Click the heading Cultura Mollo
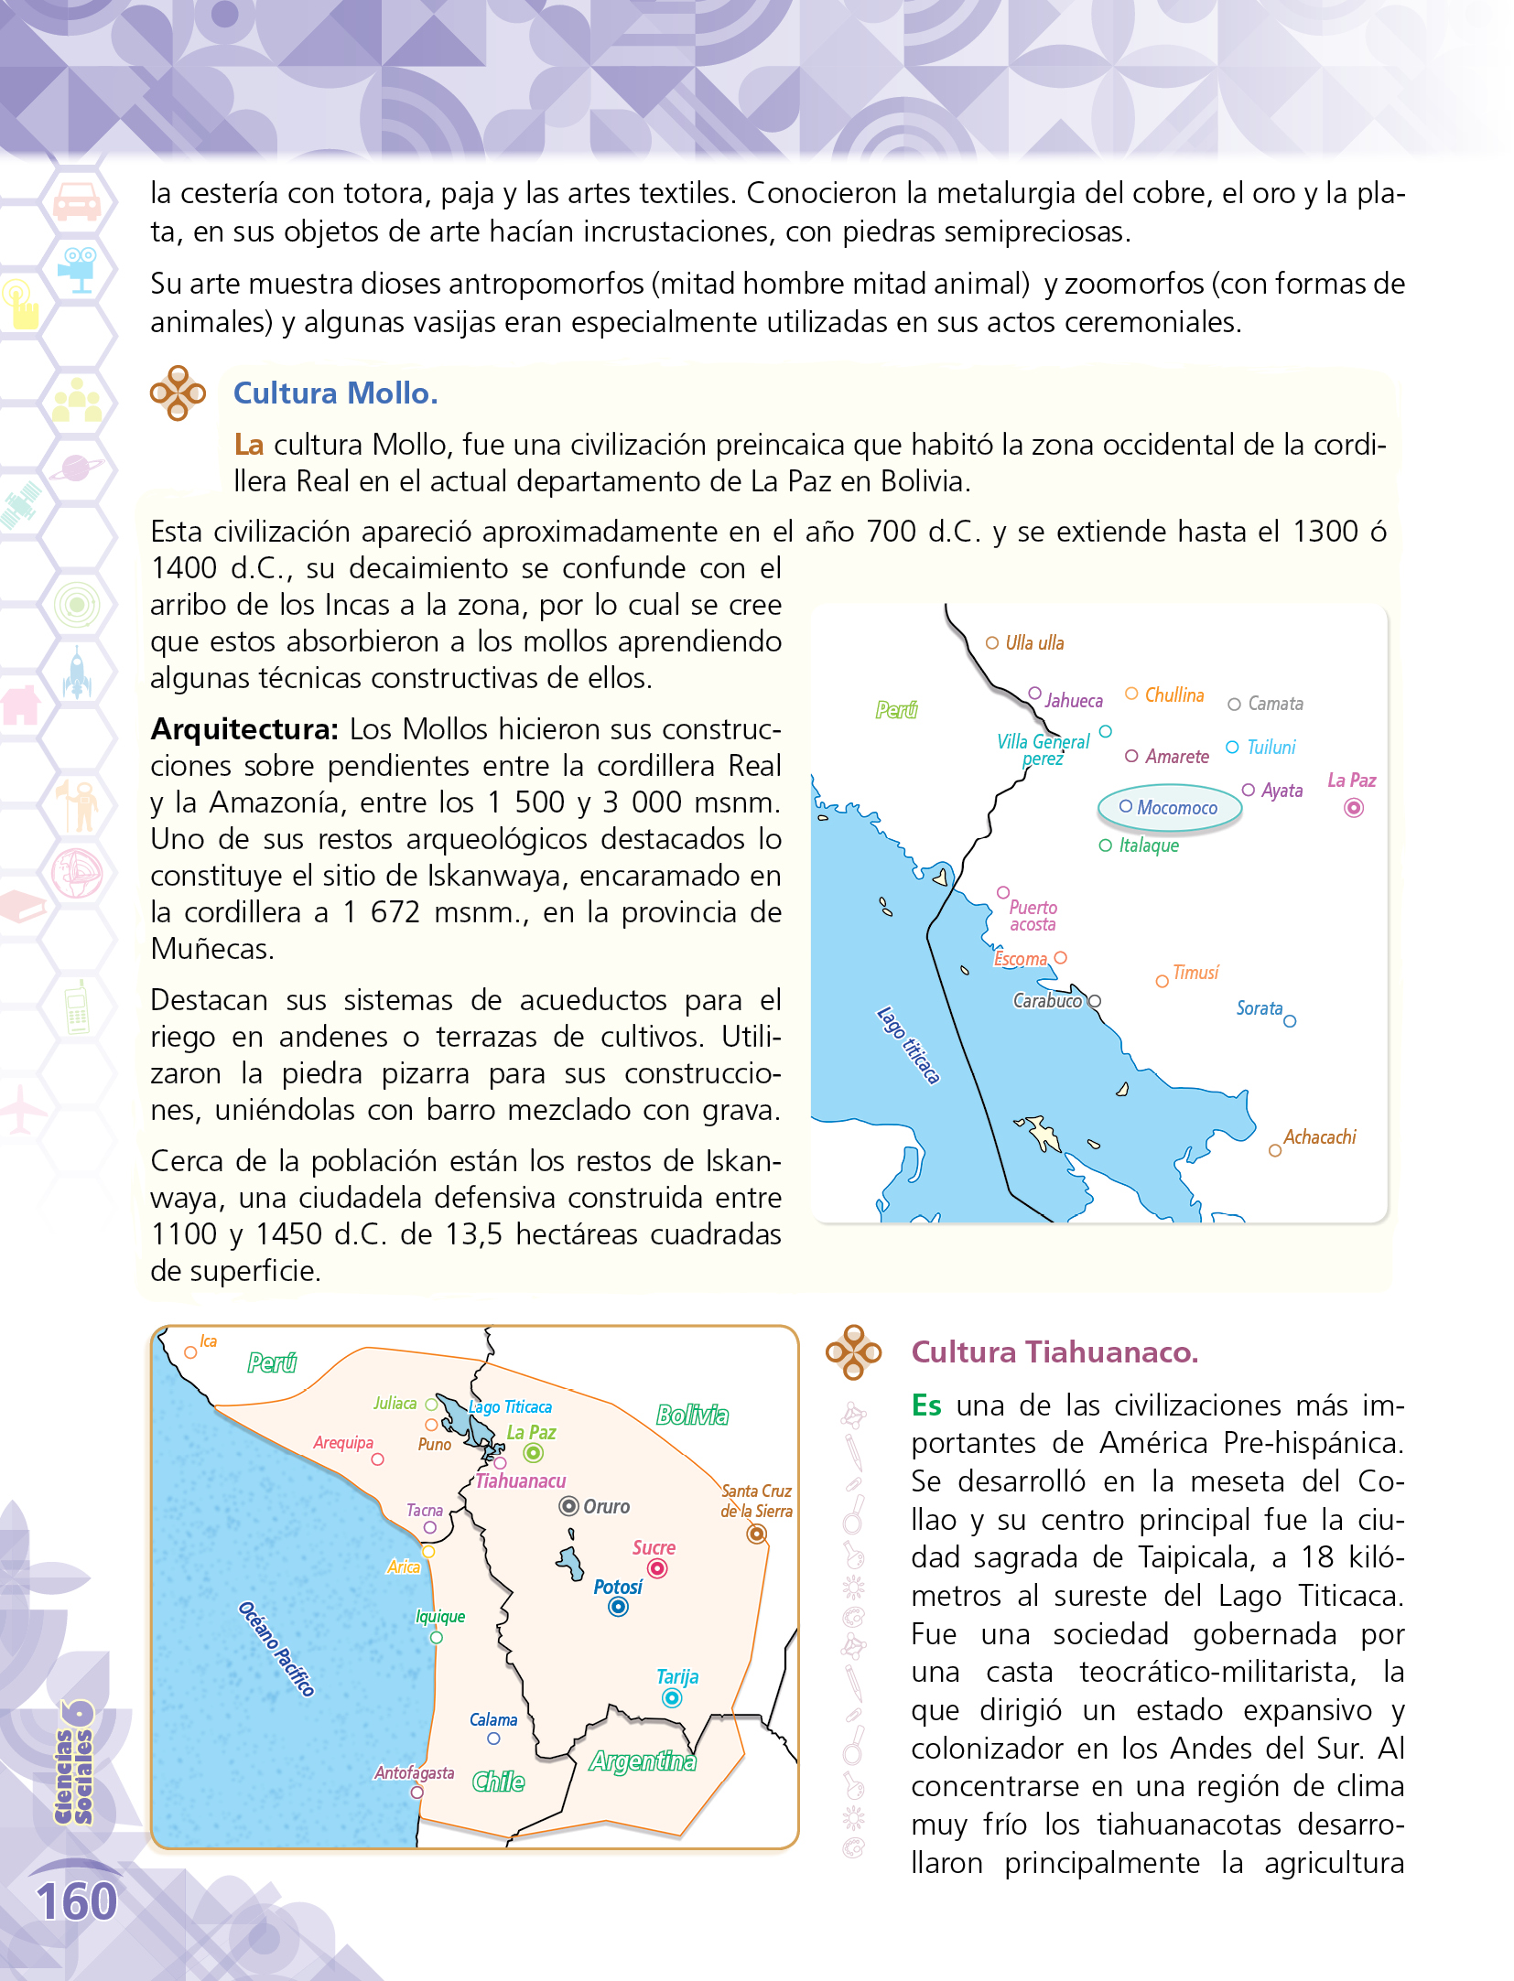click(335, 393)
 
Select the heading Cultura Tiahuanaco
click(1054, 1352)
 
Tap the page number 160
click(77, 1902)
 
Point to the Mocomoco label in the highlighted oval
click(1176, 808)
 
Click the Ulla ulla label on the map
click(1034, 643)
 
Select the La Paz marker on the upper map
click(1354, 808)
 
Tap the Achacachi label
click(1319, 1137)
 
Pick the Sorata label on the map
click(1259, 1008)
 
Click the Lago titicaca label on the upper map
click(908, 1045)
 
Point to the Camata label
click(1275, 704)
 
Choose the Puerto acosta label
click(1033, 916)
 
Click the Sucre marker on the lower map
click(657, 1568)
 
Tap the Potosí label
click(618, 1587)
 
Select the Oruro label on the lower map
click(606, 1506)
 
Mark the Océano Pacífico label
click(276, 1649)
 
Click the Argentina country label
click(643, 1761)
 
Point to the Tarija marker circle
click(672, 1698)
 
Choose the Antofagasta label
click(414, 1772)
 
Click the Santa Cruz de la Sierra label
click(756, 1501)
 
